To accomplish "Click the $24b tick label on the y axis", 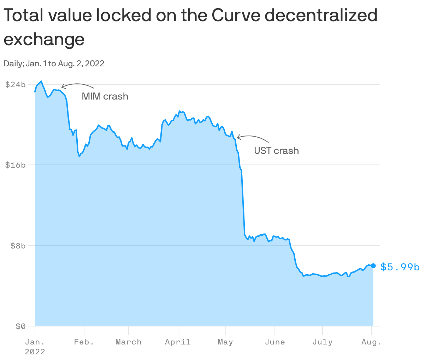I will click(x=15, y=84).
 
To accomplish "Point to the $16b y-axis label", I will click(x=15, y=165).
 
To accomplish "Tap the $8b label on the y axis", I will click(x=18, y=245).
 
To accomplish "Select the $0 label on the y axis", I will click(x=20, y=326).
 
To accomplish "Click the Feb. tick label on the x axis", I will click(x=84, y=342).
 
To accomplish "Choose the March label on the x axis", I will click(x=129, y=342).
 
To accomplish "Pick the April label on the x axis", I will click(x=178, y=342).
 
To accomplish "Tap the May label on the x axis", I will click(x=225, y=342).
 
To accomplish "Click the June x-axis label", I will click(x=274, y=342).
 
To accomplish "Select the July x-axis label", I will click(x=322, y=342).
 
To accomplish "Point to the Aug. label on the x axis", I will click(x=371, y=342).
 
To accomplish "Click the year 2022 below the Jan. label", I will click(x=35, y=352).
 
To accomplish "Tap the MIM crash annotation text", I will click(x=105, y=96).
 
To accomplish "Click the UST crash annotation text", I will click(x=276, y=151).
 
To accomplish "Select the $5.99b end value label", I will click(x=400, y=267).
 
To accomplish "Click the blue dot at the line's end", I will click(x=373, y=266).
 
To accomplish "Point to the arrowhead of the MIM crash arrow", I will click(x=62, y=86).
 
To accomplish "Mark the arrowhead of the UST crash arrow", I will click(x=237, y=137).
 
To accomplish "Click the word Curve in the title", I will click(x=237, y=15).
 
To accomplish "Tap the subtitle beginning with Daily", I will click(x=54, y=64).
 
